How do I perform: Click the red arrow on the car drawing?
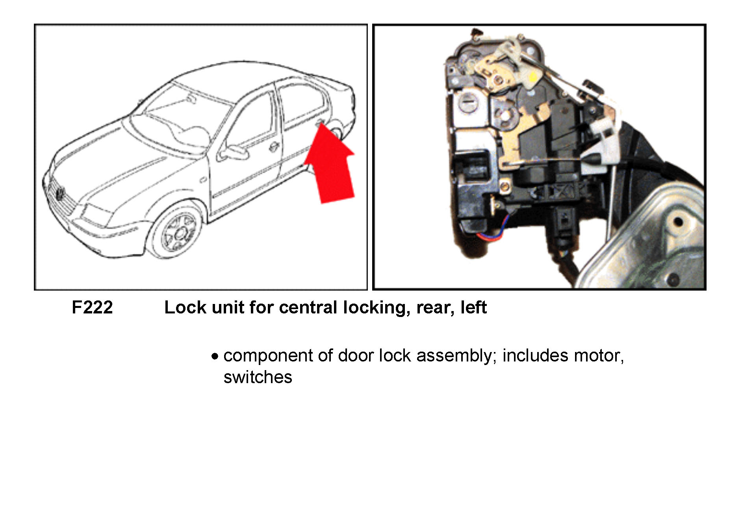tap(331, 165)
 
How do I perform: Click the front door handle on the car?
tap(273, 147)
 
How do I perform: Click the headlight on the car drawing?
tap(96, 215)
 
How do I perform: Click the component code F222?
tap(92, 307)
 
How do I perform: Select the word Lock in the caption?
tap(184, 307)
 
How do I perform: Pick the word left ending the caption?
tap(473, 307)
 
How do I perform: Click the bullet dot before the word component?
tap(215, 357)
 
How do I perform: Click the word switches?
tap(258, 377)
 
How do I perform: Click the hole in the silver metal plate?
tap(678, 222)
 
